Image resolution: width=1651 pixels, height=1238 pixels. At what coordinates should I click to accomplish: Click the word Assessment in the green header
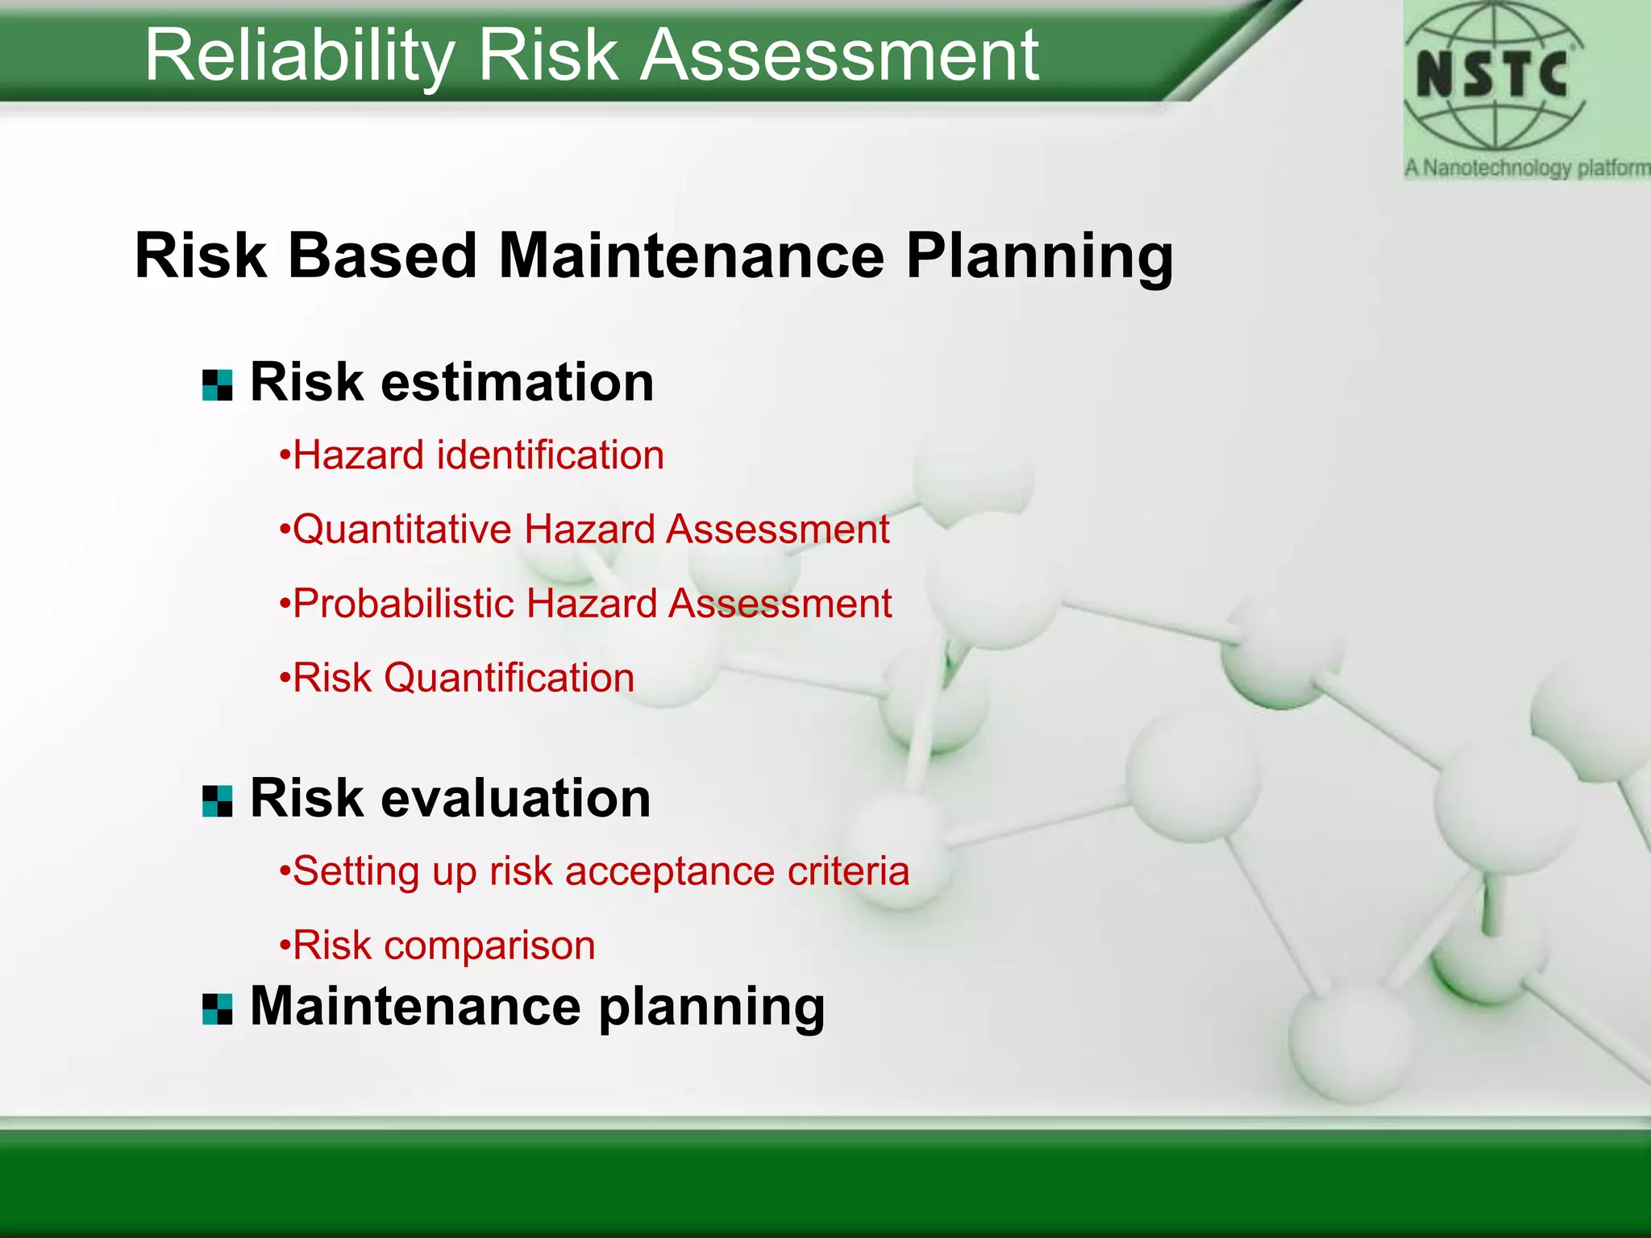(x=839, y=56)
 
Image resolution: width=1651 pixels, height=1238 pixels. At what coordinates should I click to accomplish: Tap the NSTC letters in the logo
(x=1492, y=75)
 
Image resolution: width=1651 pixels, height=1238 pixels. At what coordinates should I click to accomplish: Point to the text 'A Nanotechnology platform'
(x=1526, y=168)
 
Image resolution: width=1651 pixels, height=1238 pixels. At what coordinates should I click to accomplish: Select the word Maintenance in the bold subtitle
(x=691, y=256)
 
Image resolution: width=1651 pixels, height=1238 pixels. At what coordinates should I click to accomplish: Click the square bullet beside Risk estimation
(x=217, y=385)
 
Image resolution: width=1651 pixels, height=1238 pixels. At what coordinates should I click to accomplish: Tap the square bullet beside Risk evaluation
(x=217, y=801)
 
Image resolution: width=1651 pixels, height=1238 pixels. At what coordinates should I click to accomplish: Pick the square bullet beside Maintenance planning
(x=217, y=1009)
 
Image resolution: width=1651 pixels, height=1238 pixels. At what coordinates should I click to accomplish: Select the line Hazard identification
(x=472, y=456)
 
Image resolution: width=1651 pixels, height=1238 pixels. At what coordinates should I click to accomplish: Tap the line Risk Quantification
(x=457, y=678)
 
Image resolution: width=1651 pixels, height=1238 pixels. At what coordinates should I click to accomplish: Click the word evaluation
(x=515, y=799)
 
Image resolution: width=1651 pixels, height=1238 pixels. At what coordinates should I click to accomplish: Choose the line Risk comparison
(x=438, y=945)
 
